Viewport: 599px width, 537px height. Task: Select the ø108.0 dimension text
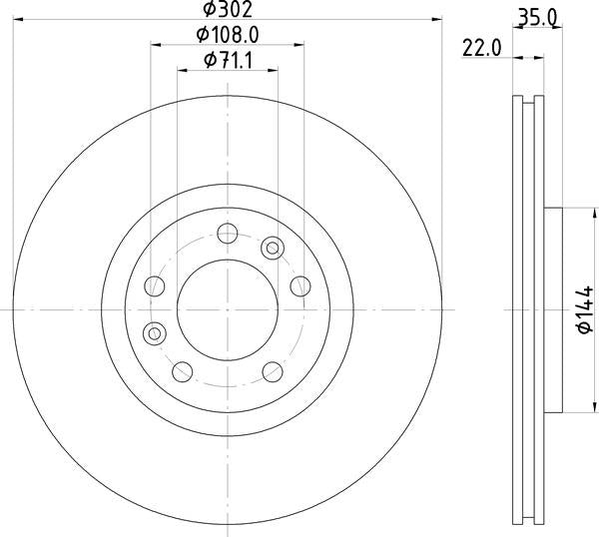(x=230, y=35)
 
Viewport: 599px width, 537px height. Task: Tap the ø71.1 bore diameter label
(x=228, y=61)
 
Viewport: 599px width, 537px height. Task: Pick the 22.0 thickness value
(x=482, y=46)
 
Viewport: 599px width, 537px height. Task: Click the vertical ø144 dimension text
(x=586, y=310)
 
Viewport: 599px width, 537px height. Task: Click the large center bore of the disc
(x=227, y=307)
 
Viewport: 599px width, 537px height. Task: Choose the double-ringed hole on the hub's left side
(x=154, y=331)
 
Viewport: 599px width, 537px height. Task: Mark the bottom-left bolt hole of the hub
(x=182, y=371)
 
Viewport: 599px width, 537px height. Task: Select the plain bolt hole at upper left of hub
(x=155, y=286)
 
